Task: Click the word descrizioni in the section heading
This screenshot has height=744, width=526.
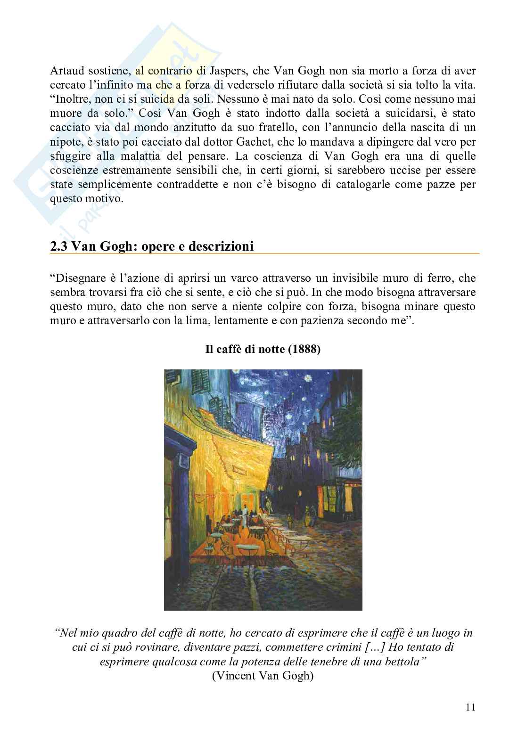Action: point(222,246)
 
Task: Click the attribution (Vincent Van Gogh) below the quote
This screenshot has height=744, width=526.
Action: point(263,676)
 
